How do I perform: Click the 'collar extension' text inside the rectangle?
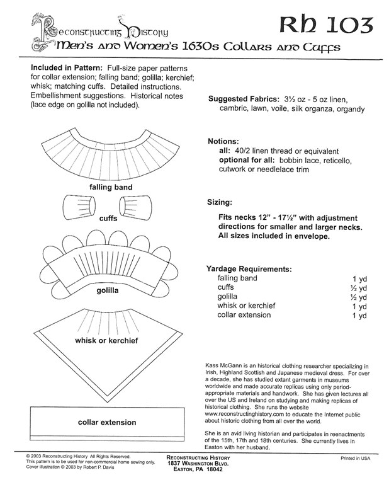[x=106, y=422]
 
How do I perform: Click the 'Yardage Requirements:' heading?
[x=249, y=268]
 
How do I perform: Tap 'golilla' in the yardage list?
[x=228, y=296]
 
